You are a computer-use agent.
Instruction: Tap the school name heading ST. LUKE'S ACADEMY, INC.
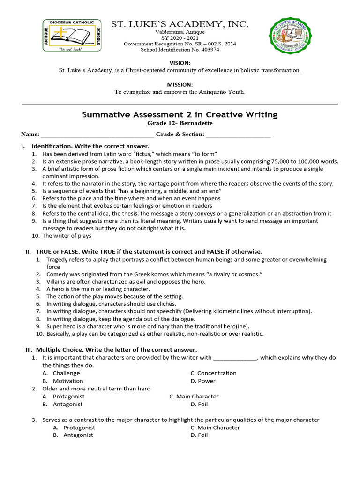point(180,24)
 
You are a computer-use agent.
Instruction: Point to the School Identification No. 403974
point(180,50)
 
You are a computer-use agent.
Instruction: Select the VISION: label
point(180,63)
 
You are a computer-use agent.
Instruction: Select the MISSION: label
point(180,84)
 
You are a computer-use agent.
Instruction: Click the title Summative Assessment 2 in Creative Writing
point(180,114)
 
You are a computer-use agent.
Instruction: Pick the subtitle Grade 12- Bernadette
point(180,123)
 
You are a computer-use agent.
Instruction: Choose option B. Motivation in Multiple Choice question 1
point(67,381)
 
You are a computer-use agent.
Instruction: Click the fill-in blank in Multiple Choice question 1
point(235,358)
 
